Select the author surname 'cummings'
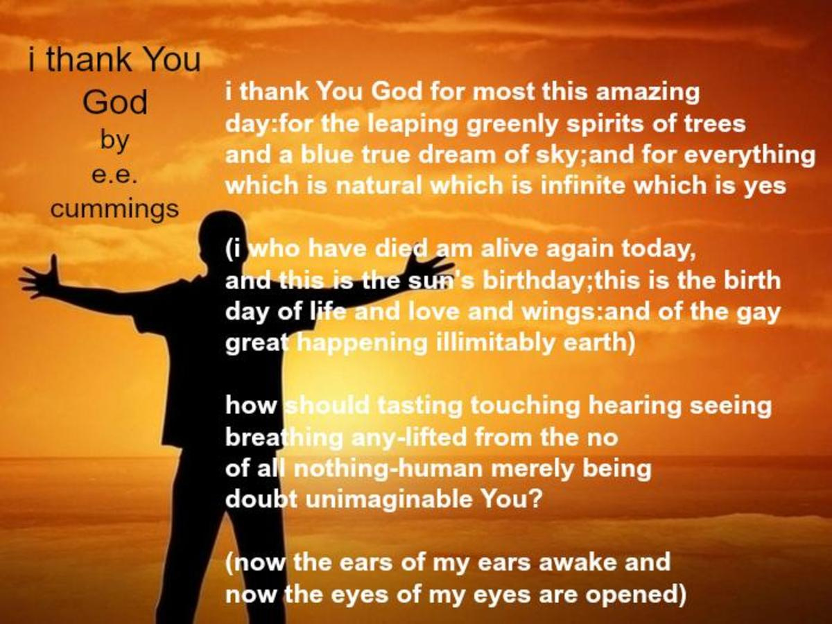pyautogui.click(x=115, y=208)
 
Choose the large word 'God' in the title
pyautogui.click(x=115, y=103)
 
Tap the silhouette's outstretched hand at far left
pyautogui.click(x=38, y=281)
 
